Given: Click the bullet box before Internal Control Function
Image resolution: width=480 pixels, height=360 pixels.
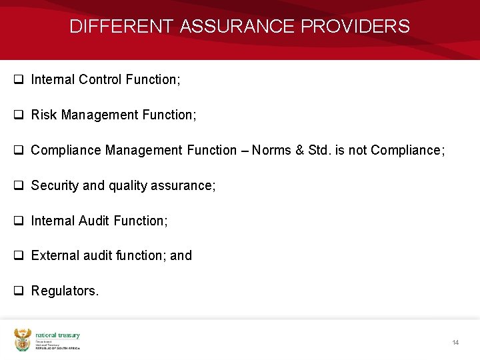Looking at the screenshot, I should coord(19,79).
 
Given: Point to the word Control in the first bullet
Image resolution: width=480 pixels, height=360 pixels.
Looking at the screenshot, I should coord(99,80).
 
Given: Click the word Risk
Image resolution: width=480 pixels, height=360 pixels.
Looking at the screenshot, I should coord(44,115).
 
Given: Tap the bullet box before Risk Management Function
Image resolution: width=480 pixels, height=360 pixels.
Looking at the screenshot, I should coord(19,115).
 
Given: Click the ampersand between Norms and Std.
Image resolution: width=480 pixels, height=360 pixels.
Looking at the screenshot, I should coord(297,151).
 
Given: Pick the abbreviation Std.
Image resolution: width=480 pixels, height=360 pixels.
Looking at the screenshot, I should coord(317,151).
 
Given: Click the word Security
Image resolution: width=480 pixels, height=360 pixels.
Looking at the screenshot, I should coord(55,186).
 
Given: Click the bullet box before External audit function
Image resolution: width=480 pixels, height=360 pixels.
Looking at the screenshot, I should coord(19,255).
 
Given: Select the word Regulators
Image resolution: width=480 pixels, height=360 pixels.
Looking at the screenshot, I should coord(65,291).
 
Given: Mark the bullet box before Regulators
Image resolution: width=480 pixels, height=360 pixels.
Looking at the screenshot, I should coord(19,291).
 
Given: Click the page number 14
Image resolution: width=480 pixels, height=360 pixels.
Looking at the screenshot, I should coord(455,343).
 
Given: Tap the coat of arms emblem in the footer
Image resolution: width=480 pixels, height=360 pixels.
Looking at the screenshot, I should coord(23,340).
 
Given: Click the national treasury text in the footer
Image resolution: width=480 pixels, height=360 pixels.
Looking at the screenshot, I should coord(57,335).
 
